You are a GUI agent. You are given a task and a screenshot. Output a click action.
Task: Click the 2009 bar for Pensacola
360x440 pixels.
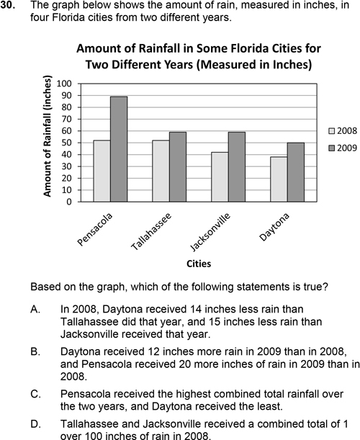click(x=119, y=149)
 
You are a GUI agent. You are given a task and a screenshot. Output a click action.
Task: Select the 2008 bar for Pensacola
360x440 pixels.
click(x=102, y=171)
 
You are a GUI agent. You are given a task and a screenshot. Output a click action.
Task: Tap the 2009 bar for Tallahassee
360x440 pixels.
click(x=178, y=167)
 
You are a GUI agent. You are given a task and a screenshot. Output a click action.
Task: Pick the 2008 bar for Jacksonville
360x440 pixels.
click(x=220, y=176)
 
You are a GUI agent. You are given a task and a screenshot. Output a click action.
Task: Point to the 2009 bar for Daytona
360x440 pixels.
click(x=295, y=172)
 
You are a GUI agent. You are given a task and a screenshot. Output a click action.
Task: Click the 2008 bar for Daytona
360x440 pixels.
click(x=279, y=179)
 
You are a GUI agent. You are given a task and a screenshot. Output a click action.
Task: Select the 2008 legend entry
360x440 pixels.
click(x=343, y=131)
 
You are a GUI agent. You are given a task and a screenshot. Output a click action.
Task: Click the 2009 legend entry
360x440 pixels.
click(x=343, y=148)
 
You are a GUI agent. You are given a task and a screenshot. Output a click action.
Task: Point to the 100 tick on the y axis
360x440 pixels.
click(x=64, y=84)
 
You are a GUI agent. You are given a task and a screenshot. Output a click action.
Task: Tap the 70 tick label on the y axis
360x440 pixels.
click(x=67, y=119)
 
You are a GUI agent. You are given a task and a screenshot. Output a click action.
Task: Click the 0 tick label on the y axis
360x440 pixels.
click(x=69, y=202)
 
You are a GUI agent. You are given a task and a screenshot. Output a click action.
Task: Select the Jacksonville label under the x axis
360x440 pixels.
click(x=210, y=232)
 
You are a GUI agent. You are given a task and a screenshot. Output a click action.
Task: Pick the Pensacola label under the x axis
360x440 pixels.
click(x=94, y=229)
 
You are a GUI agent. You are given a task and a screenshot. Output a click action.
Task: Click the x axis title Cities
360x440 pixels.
click(x=199, y=264)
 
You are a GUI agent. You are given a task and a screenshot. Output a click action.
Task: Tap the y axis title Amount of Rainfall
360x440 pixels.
click(x=48, y=136)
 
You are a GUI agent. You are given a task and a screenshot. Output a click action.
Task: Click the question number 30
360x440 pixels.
click(x=7, y=5)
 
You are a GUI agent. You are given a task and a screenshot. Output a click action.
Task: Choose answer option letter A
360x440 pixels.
click(x=35, y=309)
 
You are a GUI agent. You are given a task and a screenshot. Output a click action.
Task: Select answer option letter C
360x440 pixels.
click(x=36, y=394)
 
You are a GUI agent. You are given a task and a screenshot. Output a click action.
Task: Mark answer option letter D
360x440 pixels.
click(x=36, y=423)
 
